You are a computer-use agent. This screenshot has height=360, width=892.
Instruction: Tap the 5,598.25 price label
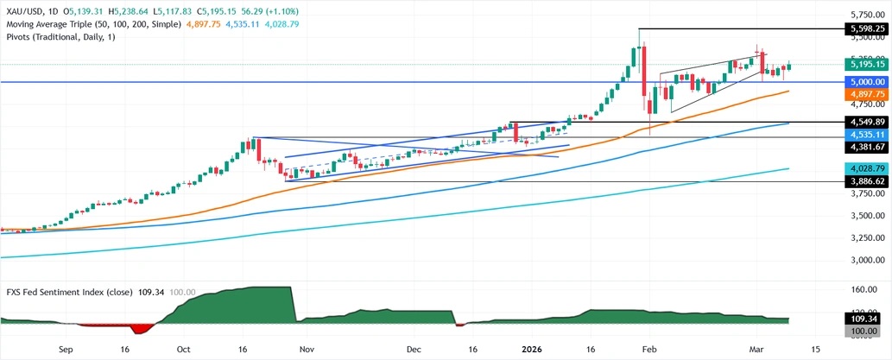coord(867,28)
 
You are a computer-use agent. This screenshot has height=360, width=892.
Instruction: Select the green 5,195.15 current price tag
coord(867,64)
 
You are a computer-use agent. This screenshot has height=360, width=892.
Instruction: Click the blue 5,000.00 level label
coord(867,82)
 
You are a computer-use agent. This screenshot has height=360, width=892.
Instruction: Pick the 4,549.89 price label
coord(867,123)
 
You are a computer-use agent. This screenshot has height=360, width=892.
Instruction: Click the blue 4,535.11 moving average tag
coord(867,136)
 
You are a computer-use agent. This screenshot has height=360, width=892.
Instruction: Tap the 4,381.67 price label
coord(867,148)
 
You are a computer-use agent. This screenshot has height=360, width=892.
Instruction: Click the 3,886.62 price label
coord(867,183)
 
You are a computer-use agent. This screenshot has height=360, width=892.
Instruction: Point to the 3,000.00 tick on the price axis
coord(867,260)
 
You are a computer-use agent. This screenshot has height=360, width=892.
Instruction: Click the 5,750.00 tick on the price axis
coord(867,15)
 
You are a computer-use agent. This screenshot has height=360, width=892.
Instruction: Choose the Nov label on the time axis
coord(305,351)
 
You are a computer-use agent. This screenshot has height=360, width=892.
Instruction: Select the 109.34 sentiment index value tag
coord(867,319)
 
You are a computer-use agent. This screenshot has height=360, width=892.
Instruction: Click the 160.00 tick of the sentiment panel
coord(867,290)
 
